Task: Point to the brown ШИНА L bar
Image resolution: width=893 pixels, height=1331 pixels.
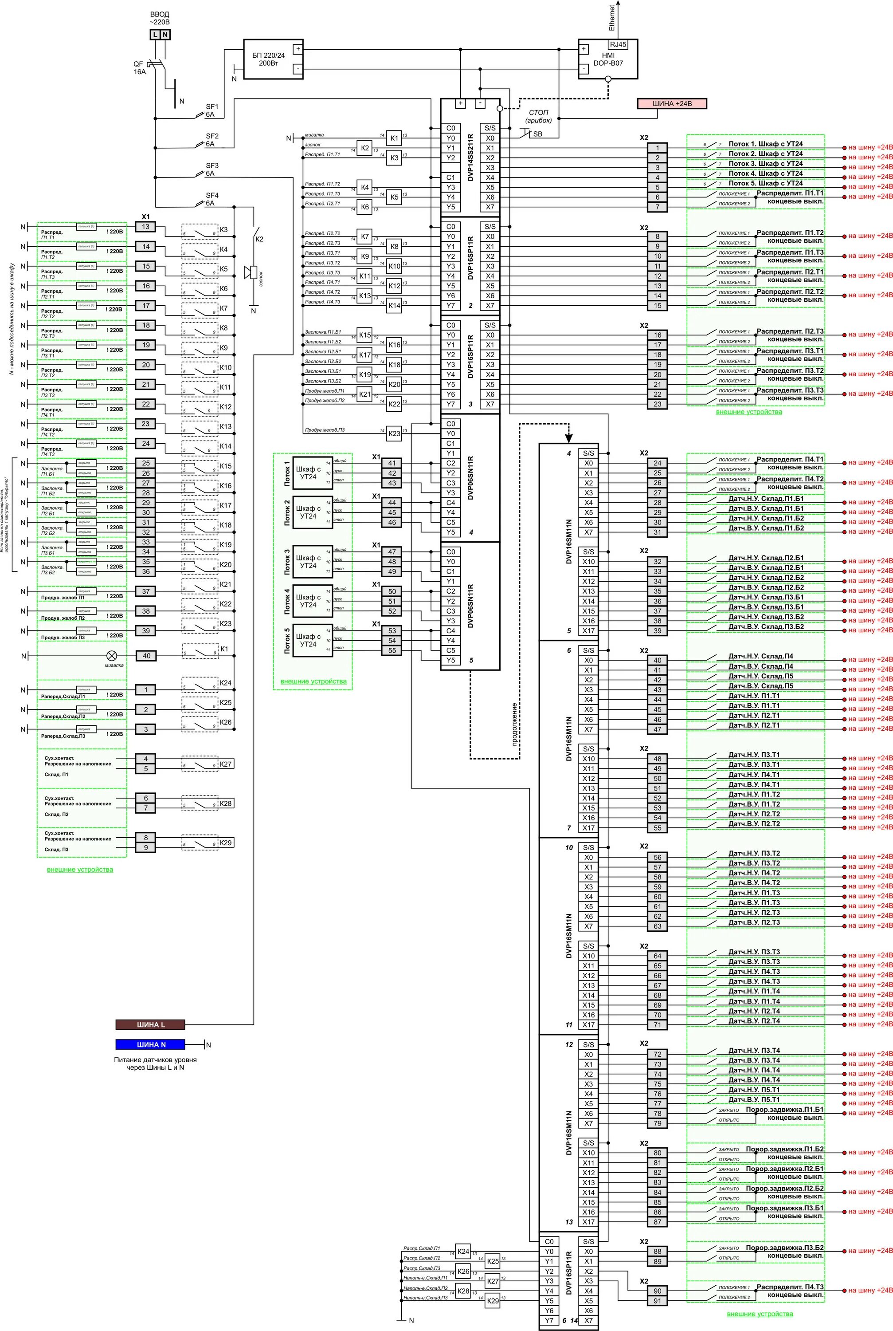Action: (x=150, y=1024)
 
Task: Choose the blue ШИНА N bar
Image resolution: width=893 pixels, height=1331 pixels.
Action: (x=150, y=1044)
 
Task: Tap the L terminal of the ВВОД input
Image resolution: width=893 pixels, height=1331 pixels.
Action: (x=155, y=35)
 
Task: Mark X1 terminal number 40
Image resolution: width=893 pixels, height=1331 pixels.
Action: (x=146, y=656)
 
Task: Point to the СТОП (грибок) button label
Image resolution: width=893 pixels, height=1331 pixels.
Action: (x=539, y=116)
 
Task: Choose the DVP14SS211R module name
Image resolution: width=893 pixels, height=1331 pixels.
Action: (x=470, y=157)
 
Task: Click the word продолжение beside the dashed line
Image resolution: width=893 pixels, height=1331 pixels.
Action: (x=514, y=724)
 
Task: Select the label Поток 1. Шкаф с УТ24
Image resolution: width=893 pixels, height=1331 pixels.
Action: (x=765, y=144)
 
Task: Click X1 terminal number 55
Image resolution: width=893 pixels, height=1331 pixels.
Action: (x=392, y=650)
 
